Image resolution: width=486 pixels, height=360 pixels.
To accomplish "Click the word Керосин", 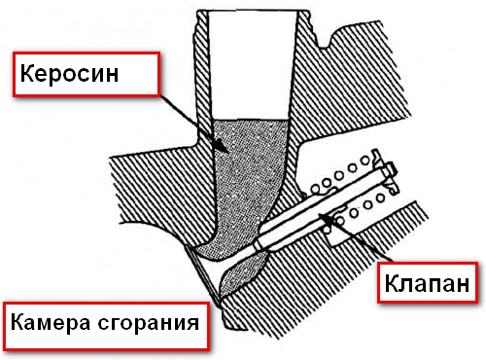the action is (x=69, y=74).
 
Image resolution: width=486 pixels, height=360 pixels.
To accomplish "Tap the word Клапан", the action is (x=427, y=283).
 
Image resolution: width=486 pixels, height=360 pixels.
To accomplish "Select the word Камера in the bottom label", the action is (x=50, y=322).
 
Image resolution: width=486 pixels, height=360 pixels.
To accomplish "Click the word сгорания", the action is (x=148, y=324).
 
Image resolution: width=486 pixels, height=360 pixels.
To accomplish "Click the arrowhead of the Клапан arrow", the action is (x=326, y=218).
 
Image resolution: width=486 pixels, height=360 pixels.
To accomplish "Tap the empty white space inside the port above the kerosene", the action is (x=252, y=65).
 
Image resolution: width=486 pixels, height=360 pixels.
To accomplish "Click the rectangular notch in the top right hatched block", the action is (x=324, y=40).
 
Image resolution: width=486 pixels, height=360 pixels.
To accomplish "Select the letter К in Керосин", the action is (x=27, y=74).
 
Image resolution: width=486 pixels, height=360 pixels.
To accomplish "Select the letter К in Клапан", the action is (x=392, y=283).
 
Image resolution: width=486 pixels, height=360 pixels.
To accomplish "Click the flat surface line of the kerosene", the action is (x=251, y=120).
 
